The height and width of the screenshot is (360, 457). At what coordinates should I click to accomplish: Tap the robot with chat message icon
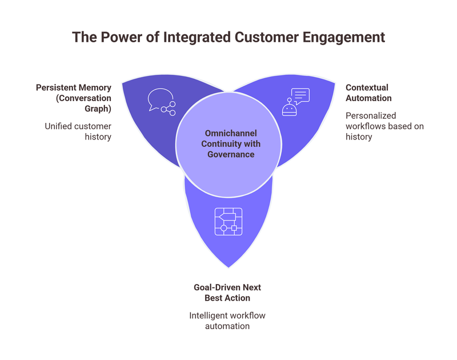295,102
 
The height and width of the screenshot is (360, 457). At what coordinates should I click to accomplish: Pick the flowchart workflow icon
228,222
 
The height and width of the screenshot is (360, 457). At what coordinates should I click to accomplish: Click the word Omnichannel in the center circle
228,133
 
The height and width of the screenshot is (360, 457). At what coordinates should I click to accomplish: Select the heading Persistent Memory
74,87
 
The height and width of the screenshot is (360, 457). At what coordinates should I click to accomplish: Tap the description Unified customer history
78,131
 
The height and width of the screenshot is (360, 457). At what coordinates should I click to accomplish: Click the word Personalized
371,115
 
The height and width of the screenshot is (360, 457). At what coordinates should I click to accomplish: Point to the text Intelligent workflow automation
227,321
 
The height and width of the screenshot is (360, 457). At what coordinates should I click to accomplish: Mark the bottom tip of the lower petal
229,267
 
